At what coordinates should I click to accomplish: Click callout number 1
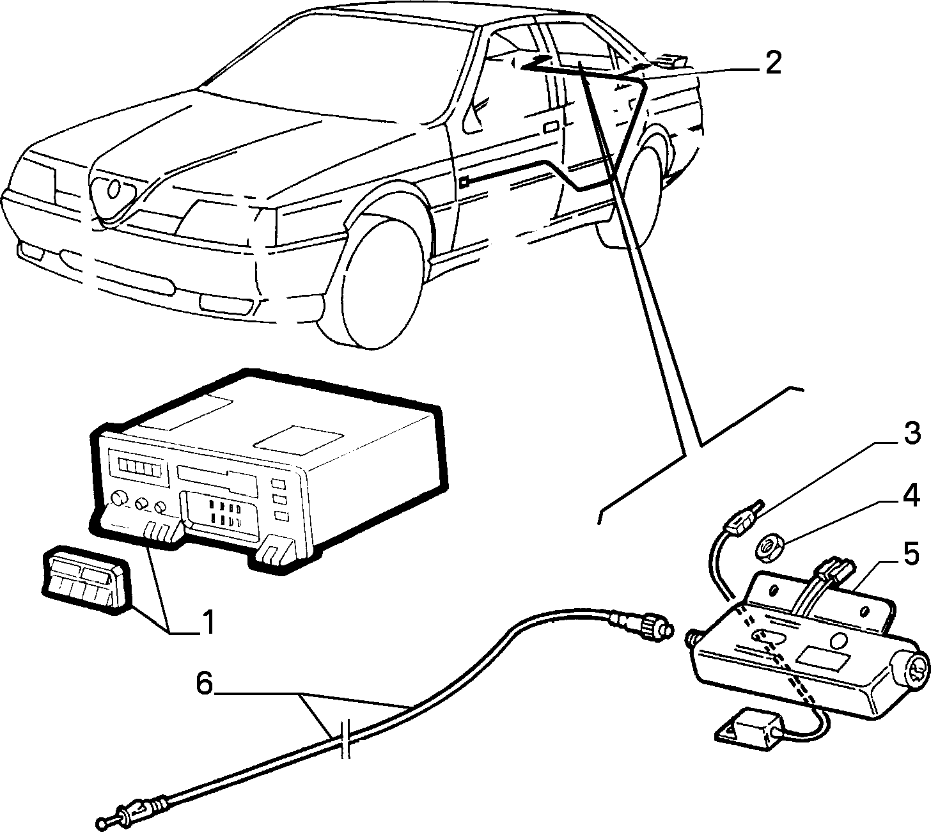pyautogui.click(x=208, y=622)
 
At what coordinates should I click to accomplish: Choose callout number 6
pyautogui.click(x=205, y=684)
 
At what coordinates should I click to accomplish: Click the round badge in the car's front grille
pyautogui.click(x=113, y=189)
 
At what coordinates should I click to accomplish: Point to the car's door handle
pyautogui.click(x=551, y=127)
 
